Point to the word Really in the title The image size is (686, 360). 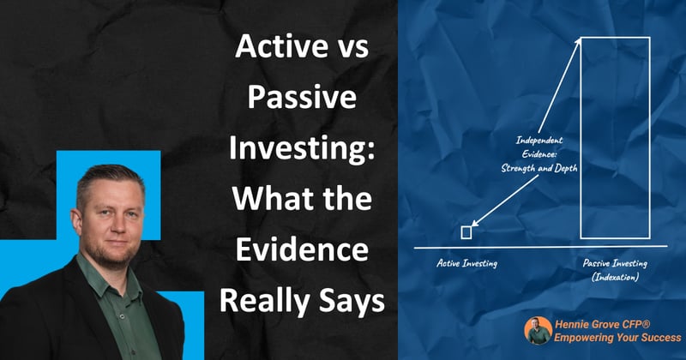[268, 302]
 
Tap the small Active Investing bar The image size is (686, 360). [466, 231]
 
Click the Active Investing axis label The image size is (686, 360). [466, 265]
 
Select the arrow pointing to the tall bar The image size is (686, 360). [553, 86]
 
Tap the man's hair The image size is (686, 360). [107, 171]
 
